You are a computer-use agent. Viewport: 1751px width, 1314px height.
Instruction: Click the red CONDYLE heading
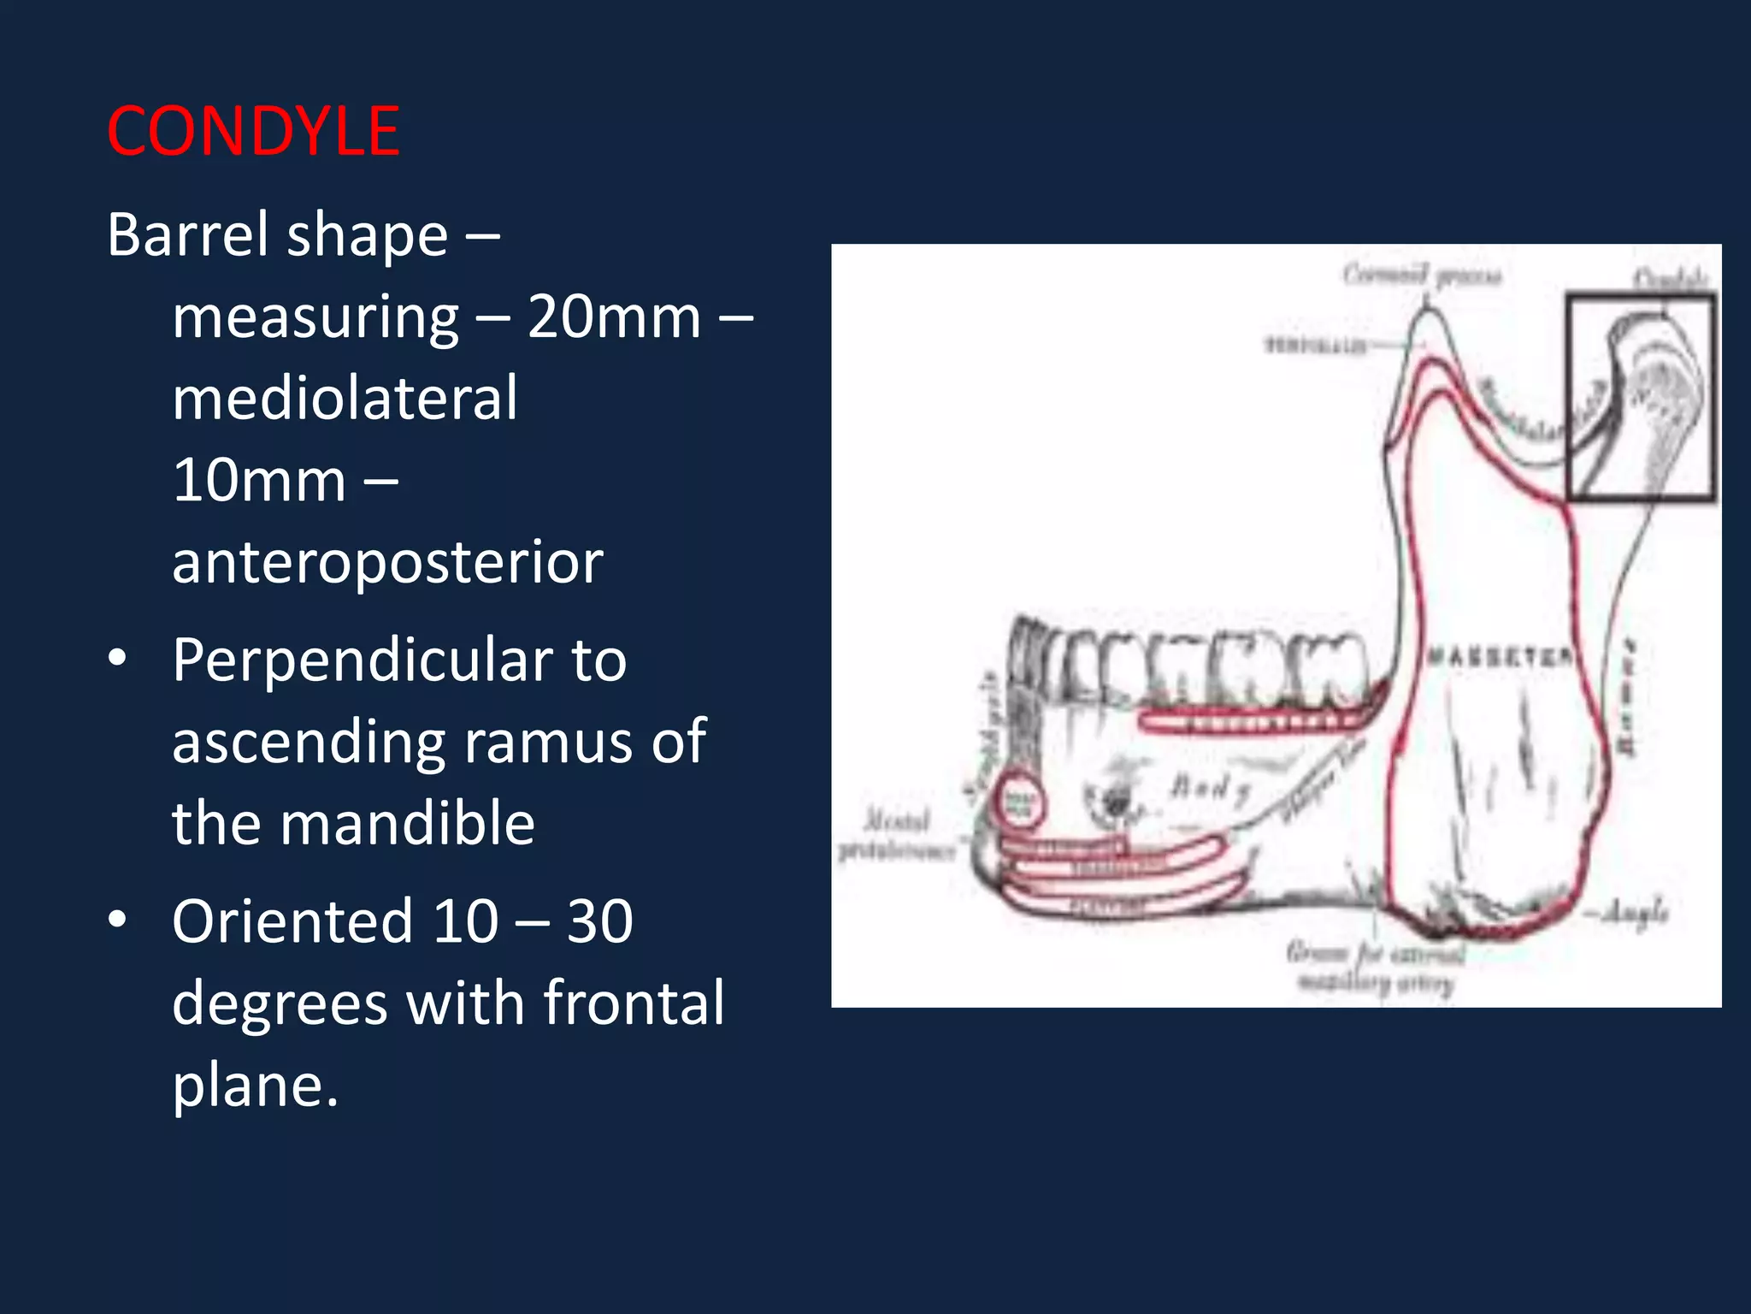[x=253, y=132]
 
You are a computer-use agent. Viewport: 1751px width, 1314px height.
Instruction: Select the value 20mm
[x=613, y=317]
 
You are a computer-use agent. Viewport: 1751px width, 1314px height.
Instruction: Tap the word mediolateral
[x=345, y=399]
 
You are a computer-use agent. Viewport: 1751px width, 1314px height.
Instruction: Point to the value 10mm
[x=258, y=481]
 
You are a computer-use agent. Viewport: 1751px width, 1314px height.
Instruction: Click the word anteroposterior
[x=387, y=563]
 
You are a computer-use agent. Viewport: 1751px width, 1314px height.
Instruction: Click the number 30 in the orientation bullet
[x=599, y=922]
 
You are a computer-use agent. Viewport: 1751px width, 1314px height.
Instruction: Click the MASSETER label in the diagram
[x=1498, y=657]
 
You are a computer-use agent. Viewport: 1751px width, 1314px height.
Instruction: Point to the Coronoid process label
[x=1421, y=275]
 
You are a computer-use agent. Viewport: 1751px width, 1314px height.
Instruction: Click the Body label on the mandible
[x=1209, y=787]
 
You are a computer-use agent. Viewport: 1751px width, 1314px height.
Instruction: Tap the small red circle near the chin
[x=1018, y=801]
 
